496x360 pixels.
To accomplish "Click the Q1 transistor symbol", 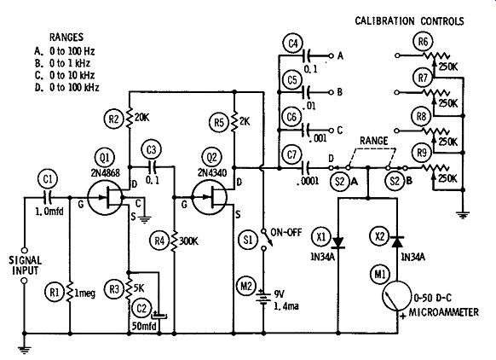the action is click(104, 198).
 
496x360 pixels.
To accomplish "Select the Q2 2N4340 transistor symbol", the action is click(210, 198).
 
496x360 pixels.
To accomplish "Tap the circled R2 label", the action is click(113, 119).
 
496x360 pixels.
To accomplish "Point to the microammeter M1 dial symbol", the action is click(396, 296).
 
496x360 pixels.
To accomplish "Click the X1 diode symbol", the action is click(338, 242).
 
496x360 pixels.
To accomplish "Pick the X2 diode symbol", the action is click(397, 242).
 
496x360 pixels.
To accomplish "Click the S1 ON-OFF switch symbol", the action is click(266, 240).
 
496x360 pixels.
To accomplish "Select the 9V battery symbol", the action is click(263, 296).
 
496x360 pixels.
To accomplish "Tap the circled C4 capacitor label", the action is click(293, 44).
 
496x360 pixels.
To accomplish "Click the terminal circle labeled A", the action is click(332, 55).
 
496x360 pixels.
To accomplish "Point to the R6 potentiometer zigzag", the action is click(436, 55).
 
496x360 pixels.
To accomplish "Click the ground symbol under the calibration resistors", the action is click(463, 215).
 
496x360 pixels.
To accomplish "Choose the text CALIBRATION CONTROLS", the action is click(409, 21).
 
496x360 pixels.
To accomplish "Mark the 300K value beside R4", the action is click(188, 241).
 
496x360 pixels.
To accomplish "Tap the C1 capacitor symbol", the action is click(48, 198).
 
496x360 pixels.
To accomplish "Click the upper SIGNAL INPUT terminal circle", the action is click(24, 250).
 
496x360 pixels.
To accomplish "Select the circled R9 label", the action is click(422, 154).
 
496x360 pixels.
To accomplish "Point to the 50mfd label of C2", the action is click(144, 326).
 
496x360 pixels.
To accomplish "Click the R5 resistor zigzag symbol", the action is click(234, 121).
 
